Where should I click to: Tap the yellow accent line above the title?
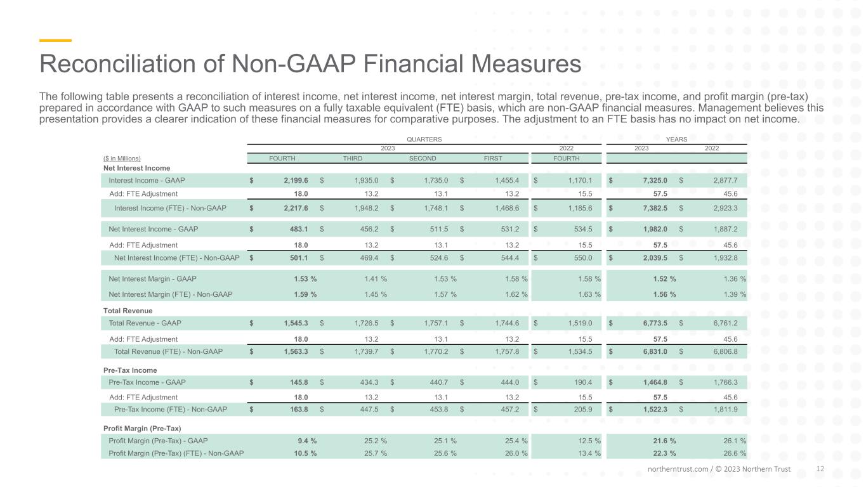pyautogui.click(x=55, y=40)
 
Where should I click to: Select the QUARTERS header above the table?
pyautogui.click(x=424, y=139)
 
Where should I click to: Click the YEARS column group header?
pyautogui.click(x=676, y=139)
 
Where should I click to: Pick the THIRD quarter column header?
pyautogui.click(x=353, y=159)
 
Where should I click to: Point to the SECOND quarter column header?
pyautogui.click(x=423, y=159)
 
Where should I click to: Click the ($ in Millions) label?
pyautogui.click(x=122, y=159)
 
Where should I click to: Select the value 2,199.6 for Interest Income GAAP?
pyautogui.click(x=296, y=181)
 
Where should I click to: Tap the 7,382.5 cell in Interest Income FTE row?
pyautogui.click(x=655, y=209)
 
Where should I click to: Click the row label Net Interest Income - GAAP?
pyautogui.click(x=153, y=229)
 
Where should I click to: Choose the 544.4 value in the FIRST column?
pyautogui.click(x=510, y=258)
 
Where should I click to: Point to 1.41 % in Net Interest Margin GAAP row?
pyautogui.click(x=376, y=278)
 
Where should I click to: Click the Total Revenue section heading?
pyautogui.click(x=128, y=311)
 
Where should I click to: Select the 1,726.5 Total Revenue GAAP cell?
pyautogui.click(x=367, y=323)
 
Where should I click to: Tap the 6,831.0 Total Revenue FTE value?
pyautogui.click(x=655, y=352)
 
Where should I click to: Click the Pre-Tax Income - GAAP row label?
pyautogui.click(x=147, y=382)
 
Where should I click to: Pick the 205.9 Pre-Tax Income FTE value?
pyautogui.click(x=583, y=409)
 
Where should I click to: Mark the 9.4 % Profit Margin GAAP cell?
pyautogui.click(x=307, y=441)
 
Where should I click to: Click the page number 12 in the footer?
pyautogui.click(x=820, y=469)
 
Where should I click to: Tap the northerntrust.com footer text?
pyautogui.click(x=678, y=469)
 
